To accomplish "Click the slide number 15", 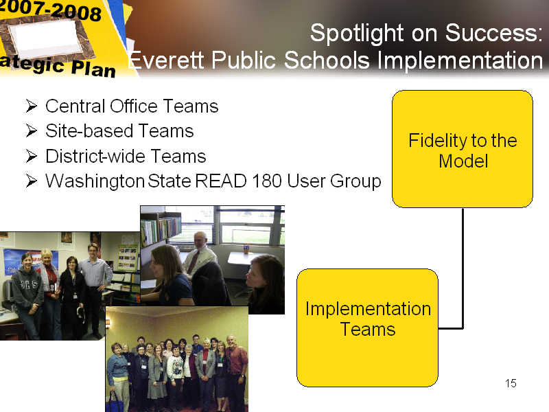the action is [x=511, y=383].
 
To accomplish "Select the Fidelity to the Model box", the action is [x=463, y=149].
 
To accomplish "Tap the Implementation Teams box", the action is [x=367, y=328].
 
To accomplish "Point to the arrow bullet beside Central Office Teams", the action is [x=32, y=106].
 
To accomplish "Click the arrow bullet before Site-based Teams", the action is [x=32, y=130].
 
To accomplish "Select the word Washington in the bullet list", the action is [x=95, y=181].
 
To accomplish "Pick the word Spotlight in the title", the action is [x=357, y=34].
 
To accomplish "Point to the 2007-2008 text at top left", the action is [x=51, y=11].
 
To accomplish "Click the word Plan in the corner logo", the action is [x=93, y=68].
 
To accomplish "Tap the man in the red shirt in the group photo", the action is [x=236, y=371].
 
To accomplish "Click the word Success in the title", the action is [x=493, y=33].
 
